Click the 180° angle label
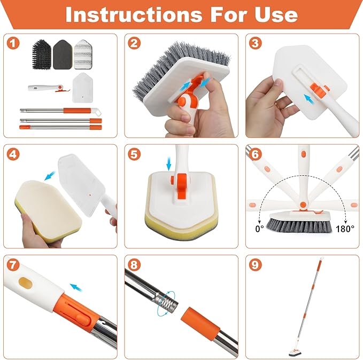point(345,228)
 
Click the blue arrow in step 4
point(50,175)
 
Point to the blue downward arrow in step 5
point(169,161)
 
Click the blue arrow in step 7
point(77,287)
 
